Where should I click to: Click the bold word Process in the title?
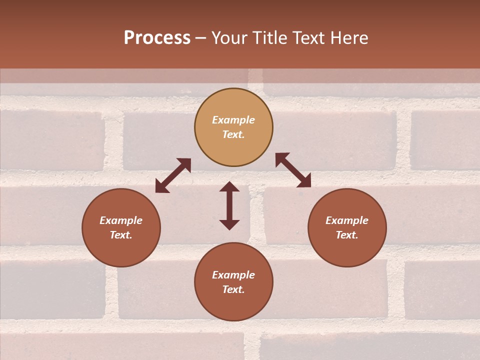157,38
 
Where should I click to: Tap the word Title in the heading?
269,38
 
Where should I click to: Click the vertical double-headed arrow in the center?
229,205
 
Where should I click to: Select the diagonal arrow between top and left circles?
173,175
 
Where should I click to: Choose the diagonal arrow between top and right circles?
293,170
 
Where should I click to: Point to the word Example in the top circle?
233,120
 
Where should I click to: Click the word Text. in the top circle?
233,134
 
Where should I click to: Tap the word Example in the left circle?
121,220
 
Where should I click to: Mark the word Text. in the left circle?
121,235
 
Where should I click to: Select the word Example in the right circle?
347,220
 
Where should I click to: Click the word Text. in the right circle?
347,235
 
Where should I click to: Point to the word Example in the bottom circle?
233,275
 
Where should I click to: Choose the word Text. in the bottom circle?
233,289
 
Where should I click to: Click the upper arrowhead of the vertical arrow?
229,187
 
